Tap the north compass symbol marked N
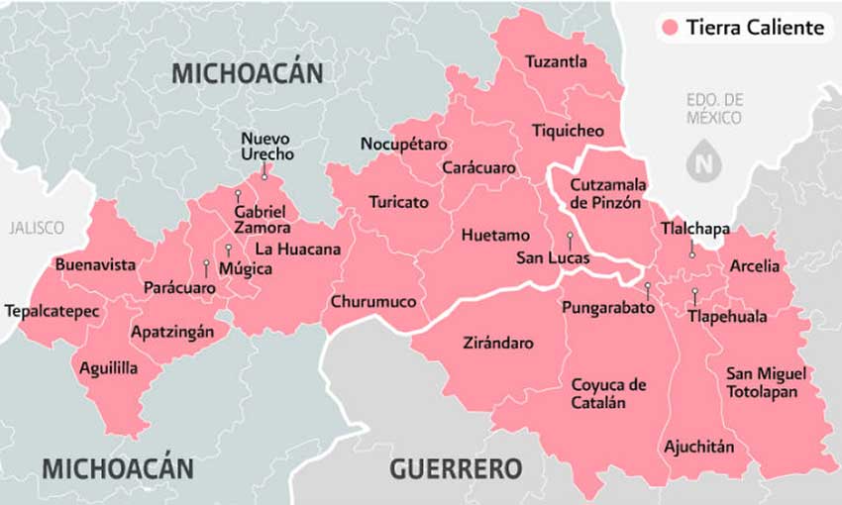tap(704, 162)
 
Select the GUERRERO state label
tap(456, 468)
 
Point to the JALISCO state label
tap(36, 228)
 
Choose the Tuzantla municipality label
tap(556, 61)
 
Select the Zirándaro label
tap(498, 344)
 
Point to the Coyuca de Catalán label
tap(608, 393)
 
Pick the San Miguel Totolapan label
tap(766, 381)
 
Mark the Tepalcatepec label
tap(52, 311)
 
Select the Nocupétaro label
tap(403, 145)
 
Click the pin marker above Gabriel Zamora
tap(239, 194)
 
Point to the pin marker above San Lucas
tap(570, 238)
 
